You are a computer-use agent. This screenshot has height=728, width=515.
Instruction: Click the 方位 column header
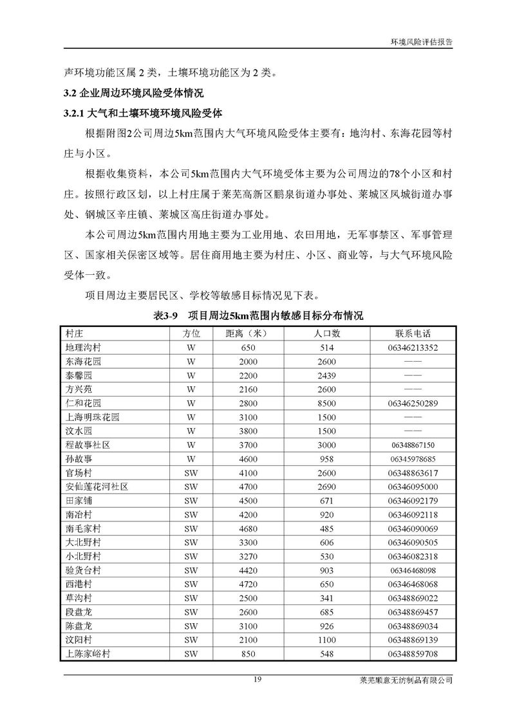coord(191,334)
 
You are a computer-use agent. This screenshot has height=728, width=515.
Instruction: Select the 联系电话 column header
coord(413,334)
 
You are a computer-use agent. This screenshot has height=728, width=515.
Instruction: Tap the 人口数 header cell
coord(327,334)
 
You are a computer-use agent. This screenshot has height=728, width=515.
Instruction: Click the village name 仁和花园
coord(84,404)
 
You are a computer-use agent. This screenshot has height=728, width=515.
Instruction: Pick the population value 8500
coord(327,404)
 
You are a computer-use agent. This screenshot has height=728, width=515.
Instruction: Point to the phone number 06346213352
coord(413,348)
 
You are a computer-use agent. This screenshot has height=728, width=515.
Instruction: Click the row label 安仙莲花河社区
coord(97,487)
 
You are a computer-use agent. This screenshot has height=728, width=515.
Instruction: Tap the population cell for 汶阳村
coord(327,640)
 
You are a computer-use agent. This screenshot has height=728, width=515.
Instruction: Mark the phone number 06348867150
coord(413,445)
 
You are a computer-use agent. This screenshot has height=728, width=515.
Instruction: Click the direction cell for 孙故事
coord(191,459)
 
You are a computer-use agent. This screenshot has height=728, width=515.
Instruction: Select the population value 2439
coord(327,376)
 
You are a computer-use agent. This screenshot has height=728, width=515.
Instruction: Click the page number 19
coord(257,680)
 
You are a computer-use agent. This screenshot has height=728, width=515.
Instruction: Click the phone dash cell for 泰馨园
coord(413,376)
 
